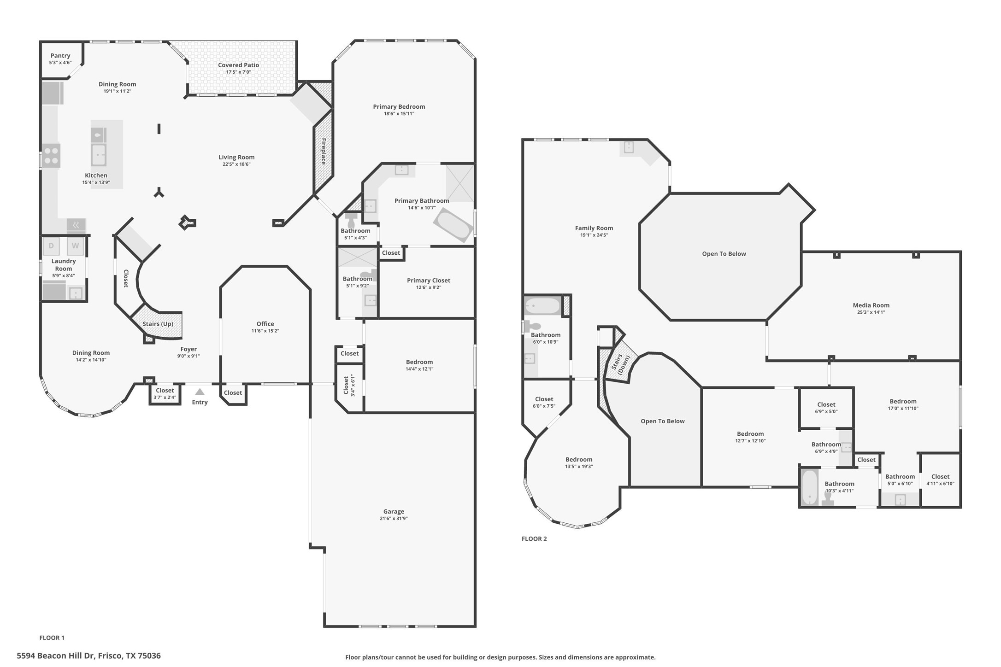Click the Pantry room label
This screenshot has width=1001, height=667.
pos(60,56)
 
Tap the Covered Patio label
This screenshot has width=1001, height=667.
pos(238,65)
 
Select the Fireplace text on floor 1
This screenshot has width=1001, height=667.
pos(324,151)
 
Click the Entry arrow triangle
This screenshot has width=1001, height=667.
pos(200,392)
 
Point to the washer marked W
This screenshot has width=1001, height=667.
pos(75,246)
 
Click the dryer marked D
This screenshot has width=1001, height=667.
pos(51,246)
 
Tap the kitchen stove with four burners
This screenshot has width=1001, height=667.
pos(51,155)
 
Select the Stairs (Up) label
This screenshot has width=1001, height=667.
pos(158,324)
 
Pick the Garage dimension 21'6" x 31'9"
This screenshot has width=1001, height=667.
pos(394,519)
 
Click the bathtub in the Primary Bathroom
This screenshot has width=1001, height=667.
pos(453,225)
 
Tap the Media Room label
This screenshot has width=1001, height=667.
pos(871,305)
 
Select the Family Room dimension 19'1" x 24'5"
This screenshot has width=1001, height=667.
pos(594,235)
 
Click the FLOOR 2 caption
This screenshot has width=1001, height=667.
pos(534,538)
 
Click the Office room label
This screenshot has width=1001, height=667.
pos(265,324)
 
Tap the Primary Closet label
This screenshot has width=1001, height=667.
pos(428,280)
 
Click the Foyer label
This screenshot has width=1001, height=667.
pos(188,349)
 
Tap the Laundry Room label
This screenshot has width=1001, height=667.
pos(63,264)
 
